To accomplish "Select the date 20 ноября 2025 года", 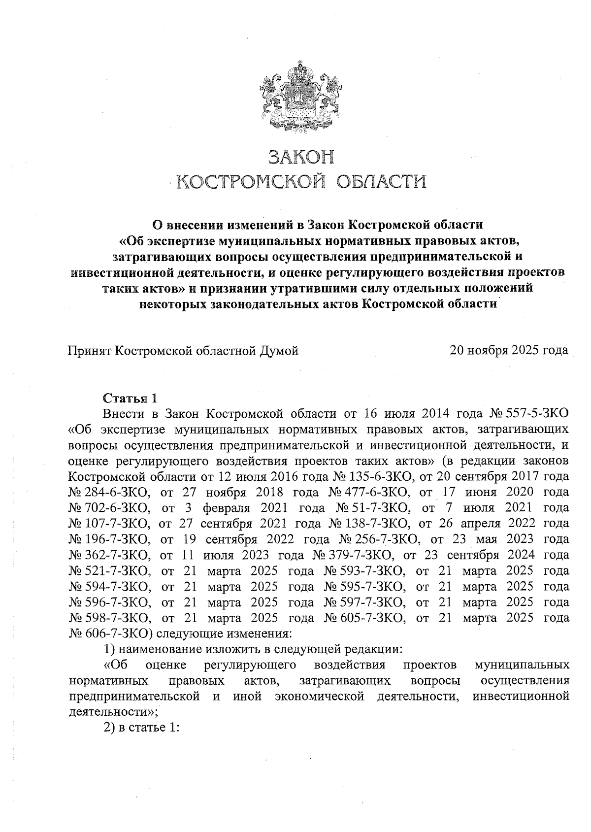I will pyautogui.click(x=509, y=351).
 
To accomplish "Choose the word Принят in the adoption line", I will pyautogui.click(x=89, y=351).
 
